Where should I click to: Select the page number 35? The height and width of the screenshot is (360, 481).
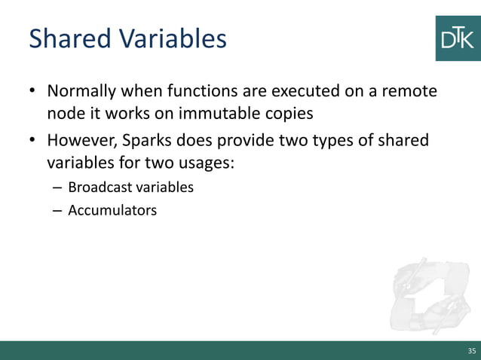pos(472,351)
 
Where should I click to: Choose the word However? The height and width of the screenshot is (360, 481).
pos(78,141)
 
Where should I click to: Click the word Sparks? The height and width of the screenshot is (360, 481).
pos(146,141)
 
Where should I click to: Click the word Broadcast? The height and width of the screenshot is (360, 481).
pos(99,187)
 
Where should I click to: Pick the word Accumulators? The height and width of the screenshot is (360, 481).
pos(112,210)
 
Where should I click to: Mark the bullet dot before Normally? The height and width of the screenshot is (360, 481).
pos(33,93)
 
